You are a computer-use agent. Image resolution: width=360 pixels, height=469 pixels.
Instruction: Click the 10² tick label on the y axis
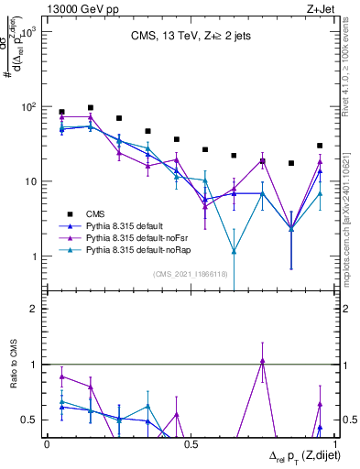click(x=27, y=107)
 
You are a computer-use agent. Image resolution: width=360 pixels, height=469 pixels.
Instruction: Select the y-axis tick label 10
click(x=29, y=181)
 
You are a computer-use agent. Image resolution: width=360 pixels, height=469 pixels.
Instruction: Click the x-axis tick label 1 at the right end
click(x=333, y=444)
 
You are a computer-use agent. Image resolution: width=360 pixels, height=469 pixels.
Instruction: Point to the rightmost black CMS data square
click(x=320, y=146)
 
